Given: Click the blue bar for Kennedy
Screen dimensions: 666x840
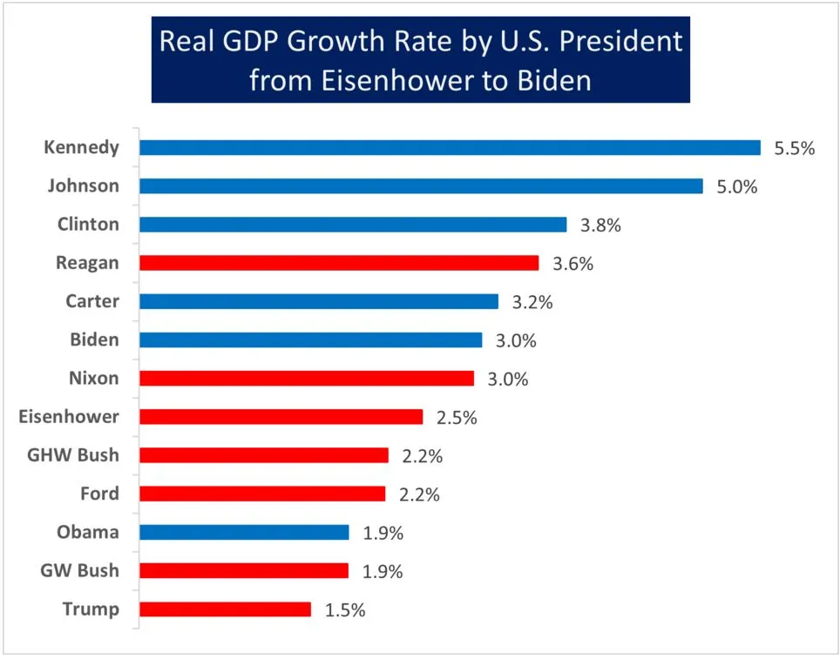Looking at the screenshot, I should [x=450, y=148].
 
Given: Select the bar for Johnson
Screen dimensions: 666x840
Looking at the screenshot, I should [x=421, y=186].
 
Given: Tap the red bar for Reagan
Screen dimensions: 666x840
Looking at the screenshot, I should [x=339, y=263].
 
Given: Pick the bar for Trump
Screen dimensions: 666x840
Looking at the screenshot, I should [x=225, y=609].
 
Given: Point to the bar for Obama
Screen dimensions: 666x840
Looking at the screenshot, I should [x=244, y=532].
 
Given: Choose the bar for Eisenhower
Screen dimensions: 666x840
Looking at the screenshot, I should [x=281, y=417].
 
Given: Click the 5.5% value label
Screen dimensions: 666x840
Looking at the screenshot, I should [x=794, y=148].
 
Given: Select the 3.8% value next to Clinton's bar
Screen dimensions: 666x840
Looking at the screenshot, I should [x=600, y=225].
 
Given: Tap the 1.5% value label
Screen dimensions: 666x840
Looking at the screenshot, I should [x=345, y=609].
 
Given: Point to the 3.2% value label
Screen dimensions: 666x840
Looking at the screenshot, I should [x=532, y=301].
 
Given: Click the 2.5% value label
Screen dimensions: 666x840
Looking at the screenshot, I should [x=457, y=417].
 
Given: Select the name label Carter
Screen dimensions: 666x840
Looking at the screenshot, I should [x=92, y=301].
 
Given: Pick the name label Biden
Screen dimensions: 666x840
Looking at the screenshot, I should [x=94, y=340].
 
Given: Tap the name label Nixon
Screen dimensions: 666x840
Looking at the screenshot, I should [x=93, y=378].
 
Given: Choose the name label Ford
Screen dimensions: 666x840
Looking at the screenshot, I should [x=98, y=494].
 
